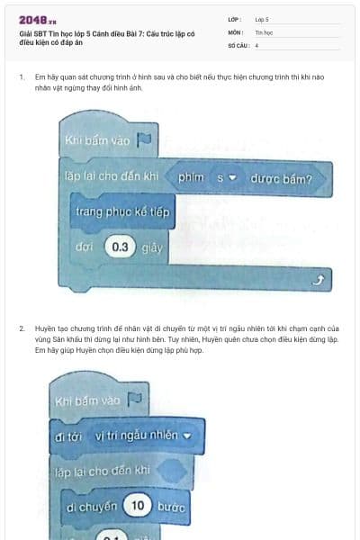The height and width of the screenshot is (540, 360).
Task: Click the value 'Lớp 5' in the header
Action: (x=262, y=18)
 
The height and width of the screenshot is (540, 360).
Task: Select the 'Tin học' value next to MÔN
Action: (x=264, y=31)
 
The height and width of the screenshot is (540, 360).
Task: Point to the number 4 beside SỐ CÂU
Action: (x=257, y=44)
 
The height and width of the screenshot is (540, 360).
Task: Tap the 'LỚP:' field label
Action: (x=235, y=18)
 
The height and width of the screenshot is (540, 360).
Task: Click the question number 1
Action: (x=21, y=78)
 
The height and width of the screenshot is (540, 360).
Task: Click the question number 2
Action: (x=21, y=329)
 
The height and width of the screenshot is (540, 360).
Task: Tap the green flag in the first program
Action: (x=143, y=139)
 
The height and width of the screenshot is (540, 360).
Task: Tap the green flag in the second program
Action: (x=135, y=399)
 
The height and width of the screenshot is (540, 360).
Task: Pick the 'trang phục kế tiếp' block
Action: (x=122, y=211)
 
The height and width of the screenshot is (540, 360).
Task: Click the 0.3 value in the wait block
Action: (x=120, y=246)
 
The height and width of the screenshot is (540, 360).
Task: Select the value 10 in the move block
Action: (x=138, y=508)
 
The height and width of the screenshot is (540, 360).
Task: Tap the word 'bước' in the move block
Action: (x=171, y=508)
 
